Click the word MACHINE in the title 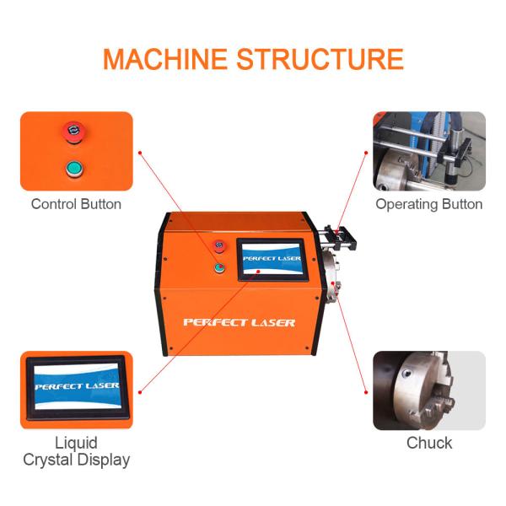click(164, 59)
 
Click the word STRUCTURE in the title click(320, 59)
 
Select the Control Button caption click(76, 204)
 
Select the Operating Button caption click(428, 204)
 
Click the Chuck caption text click(429, 443)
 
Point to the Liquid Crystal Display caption click(76, 451)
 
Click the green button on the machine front click(220, 269)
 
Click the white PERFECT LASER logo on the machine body click(240, 322)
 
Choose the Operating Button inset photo click(429, 151)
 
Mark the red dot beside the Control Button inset click(140, 153)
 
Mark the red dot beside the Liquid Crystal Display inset click(140, 387)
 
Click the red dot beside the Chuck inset click(366, 390)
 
